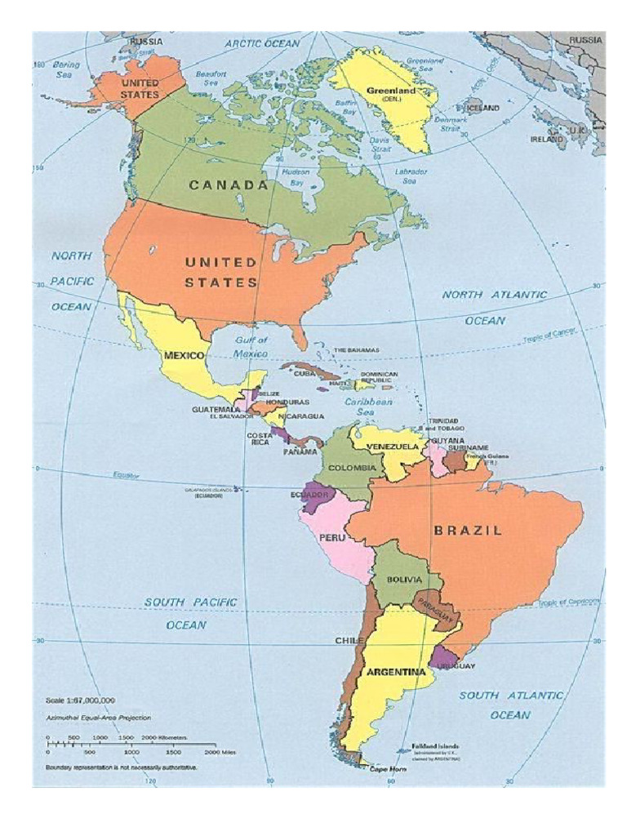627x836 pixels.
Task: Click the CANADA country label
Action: coord(229,185)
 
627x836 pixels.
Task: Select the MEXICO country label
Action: coord(184,356)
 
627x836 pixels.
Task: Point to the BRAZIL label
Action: coord(468,530)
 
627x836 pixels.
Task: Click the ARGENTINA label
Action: coord(396,673)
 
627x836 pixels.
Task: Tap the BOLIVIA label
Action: coord(405,579)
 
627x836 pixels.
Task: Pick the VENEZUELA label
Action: coord(393,447)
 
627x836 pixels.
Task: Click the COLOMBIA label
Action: coord(352,468)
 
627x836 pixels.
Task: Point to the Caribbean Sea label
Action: coord(368,408)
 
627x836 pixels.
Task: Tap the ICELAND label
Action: coord(482,108)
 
